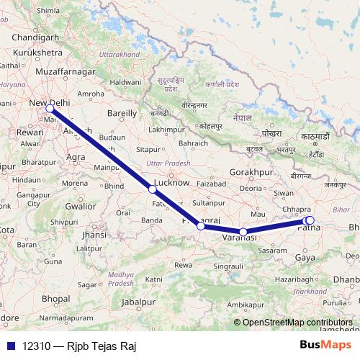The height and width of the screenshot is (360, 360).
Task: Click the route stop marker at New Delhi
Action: [x=50, y=109]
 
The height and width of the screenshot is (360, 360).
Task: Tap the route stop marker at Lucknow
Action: [x=152, y=189]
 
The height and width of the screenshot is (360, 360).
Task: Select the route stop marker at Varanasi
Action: [x=244, y=232]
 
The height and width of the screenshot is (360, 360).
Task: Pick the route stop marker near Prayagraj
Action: [x=201, y=226]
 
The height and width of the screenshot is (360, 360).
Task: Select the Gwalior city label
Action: [x=81, y=206]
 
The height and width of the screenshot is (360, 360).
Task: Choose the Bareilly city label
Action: [x=121, y=113]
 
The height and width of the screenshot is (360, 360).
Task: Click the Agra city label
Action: [x=76, y=156]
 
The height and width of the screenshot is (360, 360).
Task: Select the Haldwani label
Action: [x=125, y=83]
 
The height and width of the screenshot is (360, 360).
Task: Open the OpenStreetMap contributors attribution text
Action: [x=297, y=323]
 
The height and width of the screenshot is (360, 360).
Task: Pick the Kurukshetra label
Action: [x=35, y=53]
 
